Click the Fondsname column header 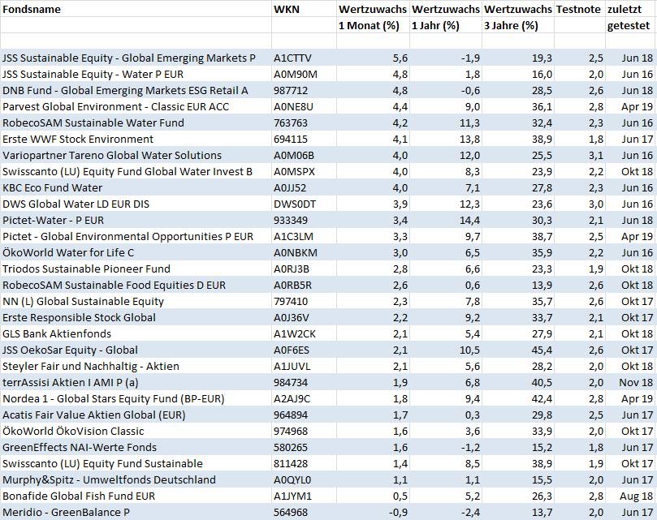click(x=32, y=9)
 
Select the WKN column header click(x=287, y=9)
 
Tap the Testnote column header click(x=578, y=9)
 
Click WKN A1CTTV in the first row click(x=292, y=58)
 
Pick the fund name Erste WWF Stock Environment click(x=78, y=139)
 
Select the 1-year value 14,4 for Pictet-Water click(x=470, y=220)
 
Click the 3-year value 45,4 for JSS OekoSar click(x=542, y=350)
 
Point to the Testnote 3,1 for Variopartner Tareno click(x=596, y=155)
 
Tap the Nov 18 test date click(x=636, y=382)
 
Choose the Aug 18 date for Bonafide click(x=636, y=496)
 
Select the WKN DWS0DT click(x=295, y=204)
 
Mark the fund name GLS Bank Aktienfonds click(x=57, y=333)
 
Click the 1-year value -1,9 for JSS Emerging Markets click(x=470, y=58)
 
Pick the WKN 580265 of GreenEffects click(x=291, y=447)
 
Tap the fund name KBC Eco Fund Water click(x=52, y=187)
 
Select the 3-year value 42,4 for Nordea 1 click(x=542, y=398)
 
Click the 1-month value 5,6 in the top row click(x=400, y=58)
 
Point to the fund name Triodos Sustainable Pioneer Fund click(x=86, y=269)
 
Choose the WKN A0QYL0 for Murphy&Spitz click(x=292, y=479)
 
